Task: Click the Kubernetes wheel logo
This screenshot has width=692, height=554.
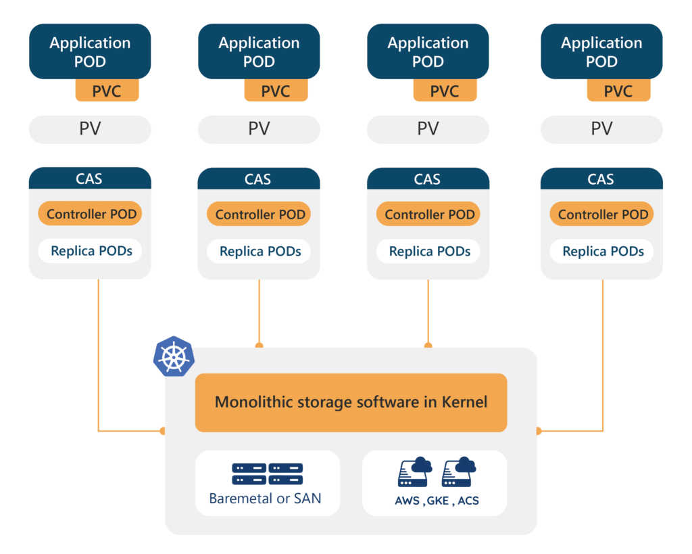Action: pyautogui.click(x=174, y=355)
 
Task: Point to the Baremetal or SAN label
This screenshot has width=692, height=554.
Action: pyautogui.click(x=265, y=499)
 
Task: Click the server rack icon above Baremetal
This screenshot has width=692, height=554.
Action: pyautogui.click(x=267, y=474)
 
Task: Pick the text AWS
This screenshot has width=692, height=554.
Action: pyautogui.click(x=407, y=502)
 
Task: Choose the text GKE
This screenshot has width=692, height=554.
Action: pyautogui.click(x=438, y=502)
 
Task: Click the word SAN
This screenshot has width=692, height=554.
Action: pyautogui.click(x=308, y=499)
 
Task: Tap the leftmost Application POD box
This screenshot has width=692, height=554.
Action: pyautogui.click(x=90, y=52)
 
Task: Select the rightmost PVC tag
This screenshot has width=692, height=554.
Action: pyautogui.click(x=618, y=91)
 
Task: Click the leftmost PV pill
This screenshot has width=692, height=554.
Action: pyautogui.click(x=90, y=129)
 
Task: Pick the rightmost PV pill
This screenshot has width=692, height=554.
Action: pyautogui.click(x=601, y=129)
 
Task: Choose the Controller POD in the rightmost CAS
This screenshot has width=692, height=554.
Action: pyautogui.click(x=603, y=214)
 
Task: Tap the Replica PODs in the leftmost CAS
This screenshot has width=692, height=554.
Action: pyautogui.click(x=91, y=252)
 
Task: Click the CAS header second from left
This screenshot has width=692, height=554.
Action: pyautogui.click(x=258, y=179)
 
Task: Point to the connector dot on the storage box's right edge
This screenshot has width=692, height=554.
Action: pyautogui.click(x=539, y=431)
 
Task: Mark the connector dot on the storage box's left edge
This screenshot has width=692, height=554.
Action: pyautogui.click(x=162, y=431)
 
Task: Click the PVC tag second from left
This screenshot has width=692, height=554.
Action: pyautogui.click(x=276, y=91)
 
